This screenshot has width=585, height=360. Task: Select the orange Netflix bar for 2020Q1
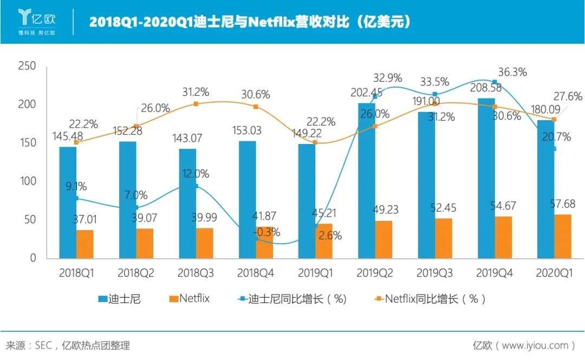pos(562,237)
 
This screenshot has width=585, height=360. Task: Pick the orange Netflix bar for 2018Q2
pos(145,244)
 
